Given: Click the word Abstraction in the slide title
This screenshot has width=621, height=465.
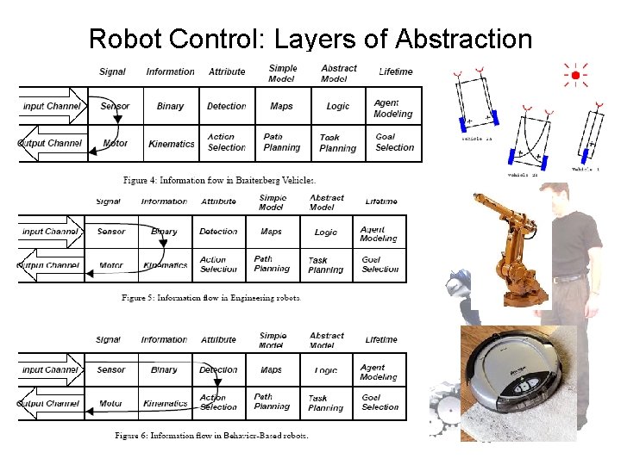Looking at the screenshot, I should tap(463, 39).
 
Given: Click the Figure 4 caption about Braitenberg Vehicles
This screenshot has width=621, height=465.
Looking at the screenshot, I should tap(219, 180).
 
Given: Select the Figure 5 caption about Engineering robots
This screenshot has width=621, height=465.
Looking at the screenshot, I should tap(210, 298).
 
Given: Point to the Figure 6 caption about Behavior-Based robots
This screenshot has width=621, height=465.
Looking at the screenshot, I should tap(211, 435).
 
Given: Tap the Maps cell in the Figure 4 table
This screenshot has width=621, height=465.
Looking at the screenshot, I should tap(281, 106).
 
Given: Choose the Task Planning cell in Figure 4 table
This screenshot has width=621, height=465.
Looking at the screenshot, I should tap(337, 143).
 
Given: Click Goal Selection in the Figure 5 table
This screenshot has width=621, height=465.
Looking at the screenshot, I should tap(380, 264).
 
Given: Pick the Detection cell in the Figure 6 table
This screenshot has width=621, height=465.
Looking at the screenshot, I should tap(218, 369).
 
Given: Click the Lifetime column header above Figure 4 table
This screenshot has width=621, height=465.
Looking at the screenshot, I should tap(396, 71).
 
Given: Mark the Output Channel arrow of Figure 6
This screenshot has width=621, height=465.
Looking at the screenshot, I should tap(50, 403).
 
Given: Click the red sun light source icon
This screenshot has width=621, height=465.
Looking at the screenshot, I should tap(574, 76).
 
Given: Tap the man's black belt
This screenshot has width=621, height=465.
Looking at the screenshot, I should tap(569, 277).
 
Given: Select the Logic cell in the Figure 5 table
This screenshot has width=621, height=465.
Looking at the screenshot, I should tap(326, 232).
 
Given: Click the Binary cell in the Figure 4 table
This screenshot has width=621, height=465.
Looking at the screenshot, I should tap(170, 106).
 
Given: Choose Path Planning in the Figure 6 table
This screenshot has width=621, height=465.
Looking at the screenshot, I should tap(272, 402).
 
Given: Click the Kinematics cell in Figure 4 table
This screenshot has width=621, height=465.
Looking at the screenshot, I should tap(172, 143).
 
